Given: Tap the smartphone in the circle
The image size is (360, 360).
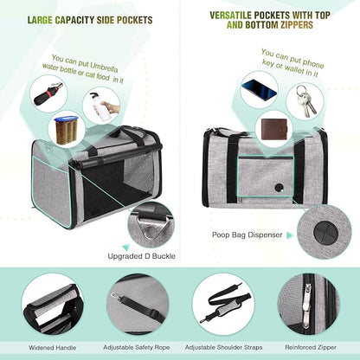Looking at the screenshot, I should [260, 89].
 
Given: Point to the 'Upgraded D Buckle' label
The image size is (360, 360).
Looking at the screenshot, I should [142, 257].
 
